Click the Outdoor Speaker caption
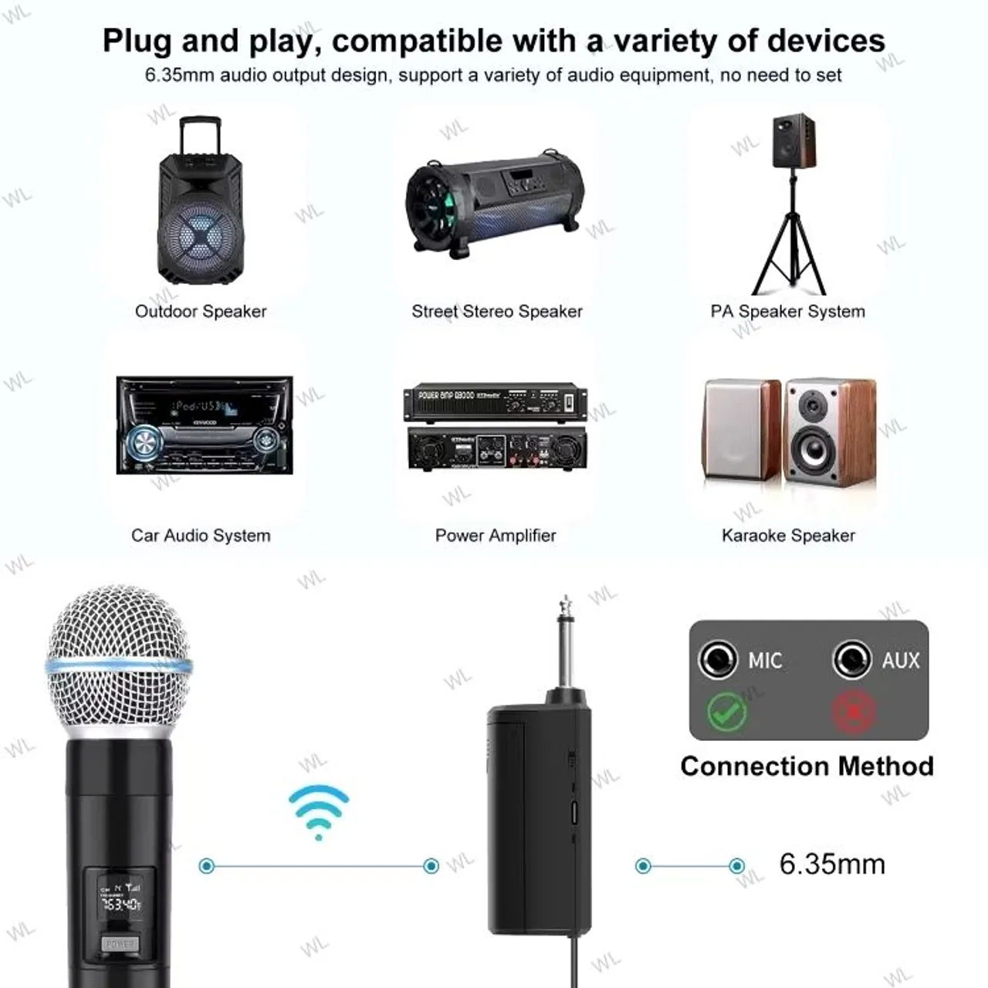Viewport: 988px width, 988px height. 201,311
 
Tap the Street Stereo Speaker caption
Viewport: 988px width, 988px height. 496,311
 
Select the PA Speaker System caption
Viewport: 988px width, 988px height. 787,311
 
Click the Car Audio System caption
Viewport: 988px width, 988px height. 201,535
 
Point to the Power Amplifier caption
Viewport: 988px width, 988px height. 496,535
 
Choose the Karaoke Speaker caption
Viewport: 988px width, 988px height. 788,535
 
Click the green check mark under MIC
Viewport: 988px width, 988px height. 727,711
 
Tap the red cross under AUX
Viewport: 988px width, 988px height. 854,711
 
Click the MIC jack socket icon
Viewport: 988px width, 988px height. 717,660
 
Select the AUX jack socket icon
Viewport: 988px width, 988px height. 852,660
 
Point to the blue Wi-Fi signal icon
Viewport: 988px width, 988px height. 319,810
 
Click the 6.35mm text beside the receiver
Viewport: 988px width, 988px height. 832,864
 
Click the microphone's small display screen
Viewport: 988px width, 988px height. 120,899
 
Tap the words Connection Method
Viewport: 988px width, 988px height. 807,766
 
